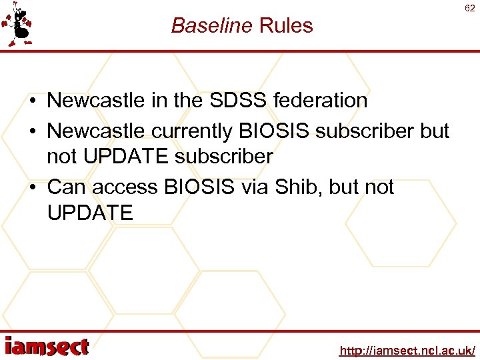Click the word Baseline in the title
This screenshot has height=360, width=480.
coord(211,25)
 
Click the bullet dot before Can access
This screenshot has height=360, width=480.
coord(33,187)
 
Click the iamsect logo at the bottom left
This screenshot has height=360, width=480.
coord(47,347)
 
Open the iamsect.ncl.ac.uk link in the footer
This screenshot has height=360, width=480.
coord(407,350)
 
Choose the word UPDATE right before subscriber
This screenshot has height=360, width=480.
coord(125,157)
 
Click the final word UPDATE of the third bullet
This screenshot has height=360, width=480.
coord(90,213)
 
